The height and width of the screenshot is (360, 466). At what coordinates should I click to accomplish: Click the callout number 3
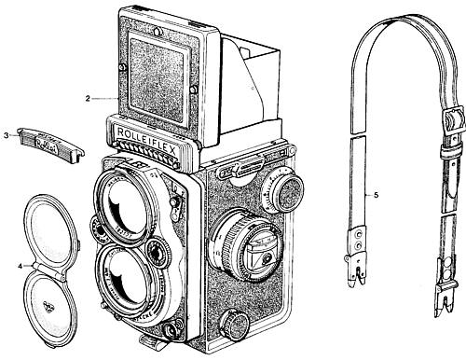click(x=7, y=136)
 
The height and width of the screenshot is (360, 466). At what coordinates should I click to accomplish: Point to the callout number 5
click(x=376, y=195)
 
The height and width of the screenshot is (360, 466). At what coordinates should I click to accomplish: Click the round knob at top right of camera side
click(x=285, y=191)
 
